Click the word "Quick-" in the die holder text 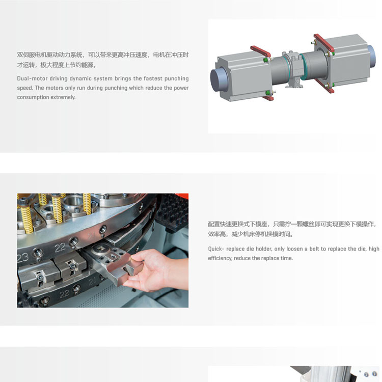[216, 249]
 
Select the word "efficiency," [220, 258]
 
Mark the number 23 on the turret [23, 257]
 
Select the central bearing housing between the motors [294, 69]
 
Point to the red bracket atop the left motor [261, 51]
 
